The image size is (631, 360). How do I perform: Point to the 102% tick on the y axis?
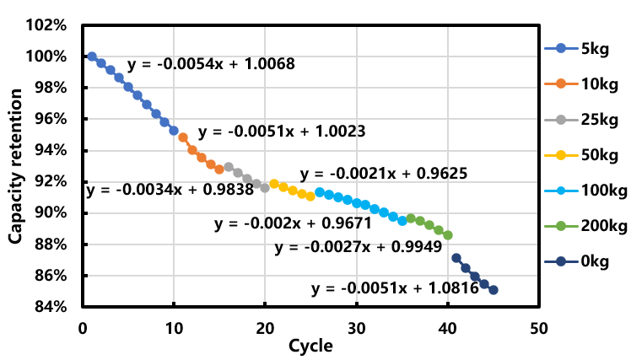tap(49, 25)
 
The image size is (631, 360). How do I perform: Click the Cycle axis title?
tap(310, 346)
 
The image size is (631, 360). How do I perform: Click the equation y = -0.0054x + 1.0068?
tap(211, 65)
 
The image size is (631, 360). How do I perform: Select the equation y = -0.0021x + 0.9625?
tap(384, 174)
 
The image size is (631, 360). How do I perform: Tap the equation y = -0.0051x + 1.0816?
tap(395, 288)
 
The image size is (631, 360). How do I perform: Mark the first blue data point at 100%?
tap(92, 56)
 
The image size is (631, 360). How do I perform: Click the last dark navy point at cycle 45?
tap(493, 290)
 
